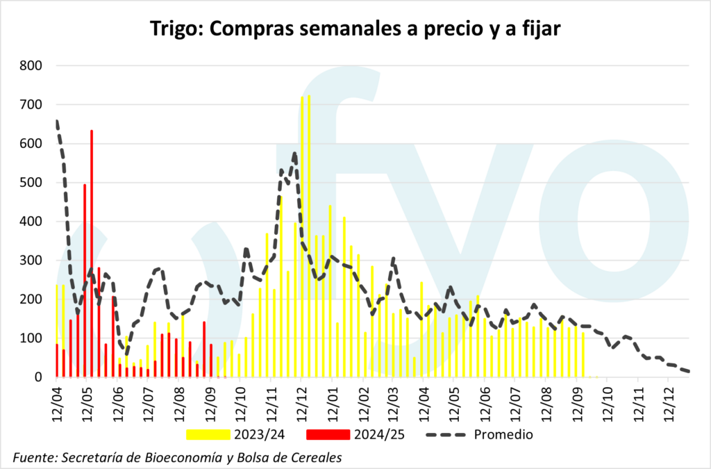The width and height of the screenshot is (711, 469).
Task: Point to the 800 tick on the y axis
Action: point(31,66)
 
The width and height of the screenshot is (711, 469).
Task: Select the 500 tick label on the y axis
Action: point(31,183)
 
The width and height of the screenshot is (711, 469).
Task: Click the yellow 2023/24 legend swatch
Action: point(208,435)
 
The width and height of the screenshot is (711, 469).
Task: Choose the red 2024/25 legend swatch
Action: point(327,435)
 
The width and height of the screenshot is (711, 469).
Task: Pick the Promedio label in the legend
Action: point(503,435)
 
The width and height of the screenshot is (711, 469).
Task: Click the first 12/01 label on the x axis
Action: point(331,401)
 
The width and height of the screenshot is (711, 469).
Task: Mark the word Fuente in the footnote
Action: point(35,456)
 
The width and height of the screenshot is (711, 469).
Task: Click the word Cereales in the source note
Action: point(317,456)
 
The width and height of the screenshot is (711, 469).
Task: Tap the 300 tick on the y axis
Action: point(31,261)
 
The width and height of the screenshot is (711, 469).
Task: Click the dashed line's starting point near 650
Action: point(56,122)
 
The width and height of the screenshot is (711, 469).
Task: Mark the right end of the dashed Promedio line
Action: point(688,371)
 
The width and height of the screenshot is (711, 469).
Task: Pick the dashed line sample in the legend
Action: point(444,435)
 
